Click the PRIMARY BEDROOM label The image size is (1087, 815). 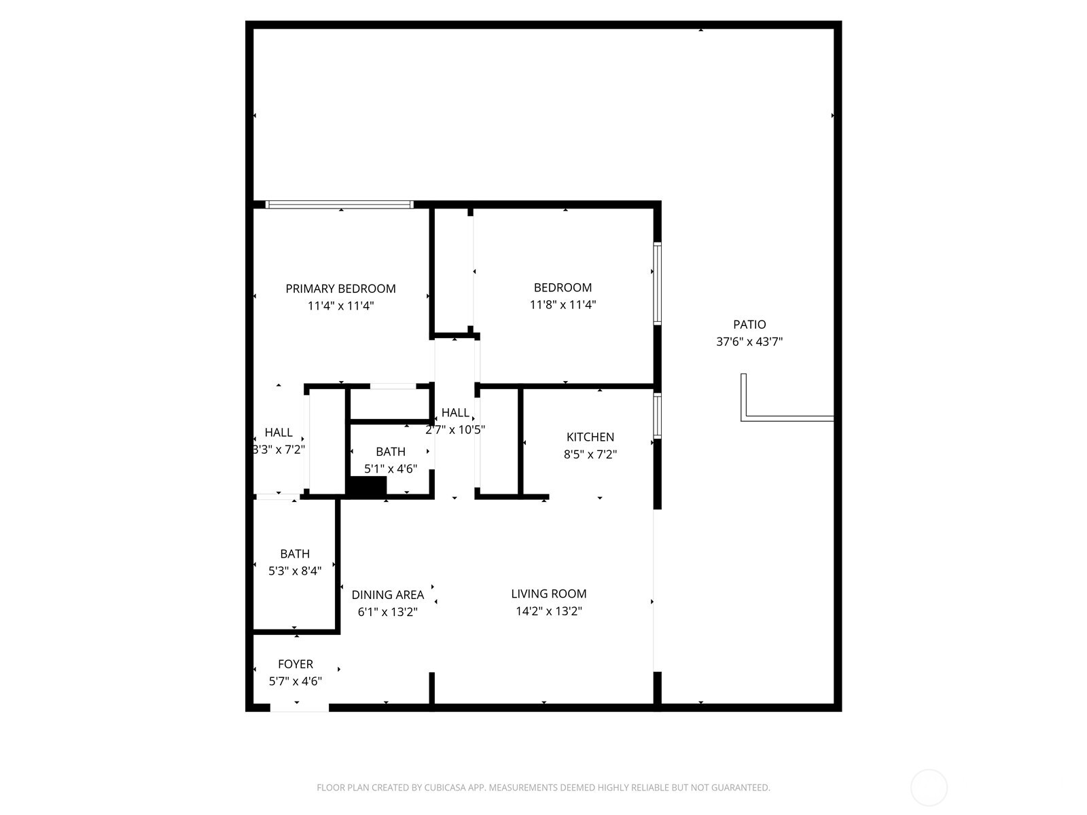coord(340,289)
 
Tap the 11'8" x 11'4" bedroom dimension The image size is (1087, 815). coord(563,305)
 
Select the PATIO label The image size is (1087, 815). coord(749,325)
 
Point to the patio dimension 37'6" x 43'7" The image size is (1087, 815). coord(749,342)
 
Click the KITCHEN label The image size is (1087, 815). coord(590,437)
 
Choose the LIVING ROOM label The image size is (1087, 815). coord(549,594)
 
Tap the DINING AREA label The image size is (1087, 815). coord(387,595)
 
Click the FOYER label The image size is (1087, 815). coord(296,664)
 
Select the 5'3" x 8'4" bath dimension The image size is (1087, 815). coord(295,571)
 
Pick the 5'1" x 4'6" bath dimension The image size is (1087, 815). coord(391,469)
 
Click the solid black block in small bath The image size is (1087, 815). coord(367,486)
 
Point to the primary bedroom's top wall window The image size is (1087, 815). coord(340,204)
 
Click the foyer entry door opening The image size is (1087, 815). coord(299,708)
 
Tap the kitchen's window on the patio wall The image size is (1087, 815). coord(657,415)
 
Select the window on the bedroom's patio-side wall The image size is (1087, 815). coord(657,283)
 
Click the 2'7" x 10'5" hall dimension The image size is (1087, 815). coord(455,430)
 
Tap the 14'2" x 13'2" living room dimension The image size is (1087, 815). coord(549,611)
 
